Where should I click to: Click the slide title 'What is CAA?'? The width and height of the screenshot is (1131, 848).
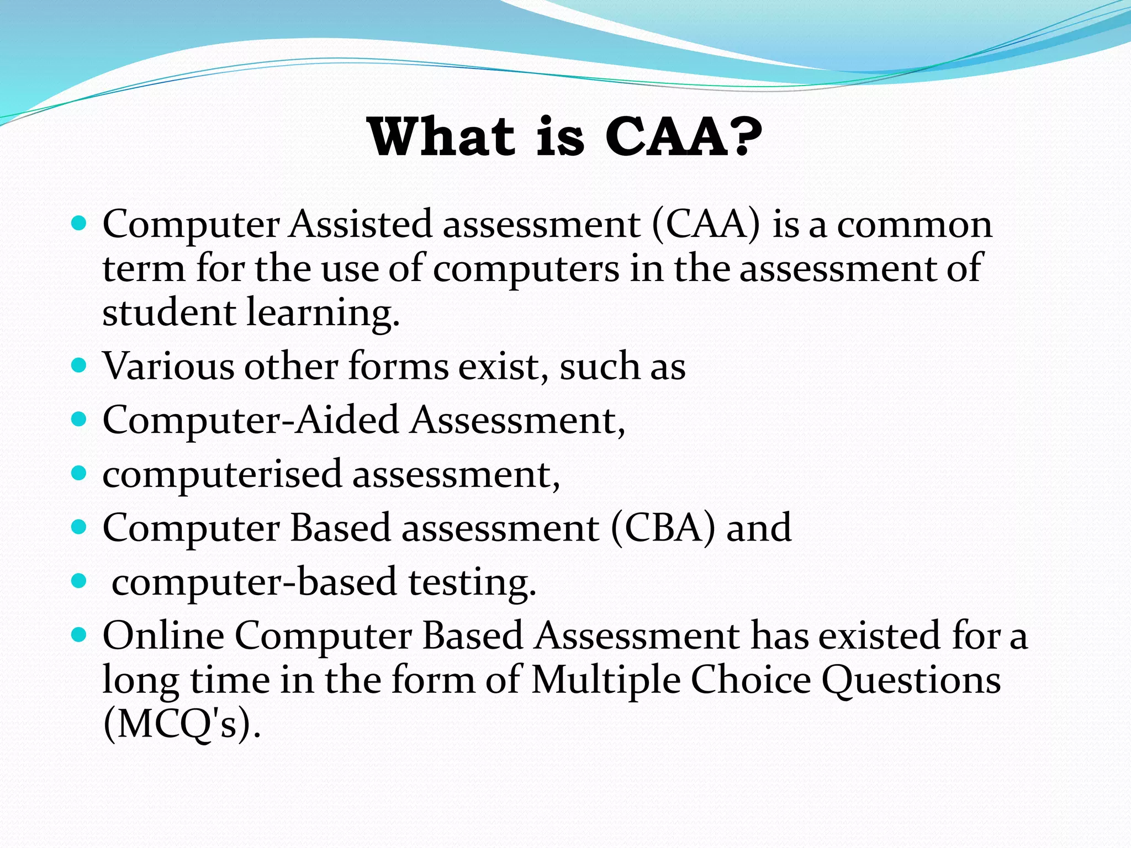coord(564,136)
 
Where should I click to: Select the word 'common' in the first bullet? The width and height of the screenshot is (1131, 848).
coord(915,225)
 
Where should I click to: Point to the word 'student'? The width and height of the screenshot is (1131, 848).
coord(169,312)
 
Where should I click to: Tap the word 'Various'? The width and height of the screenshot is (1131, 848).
coord(168,366)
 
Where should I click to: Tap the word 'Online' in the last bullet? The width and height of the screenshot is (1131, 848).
coord(163,635)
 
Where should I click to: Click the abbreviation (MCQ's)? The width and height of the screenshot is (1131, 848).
coord(181,724)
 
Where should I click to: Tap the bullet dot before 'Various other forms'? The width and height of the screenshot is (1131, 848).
coord(80,365)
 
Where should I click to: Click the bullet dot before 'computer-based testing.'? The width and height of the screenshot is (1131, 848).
coord(80,581)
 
